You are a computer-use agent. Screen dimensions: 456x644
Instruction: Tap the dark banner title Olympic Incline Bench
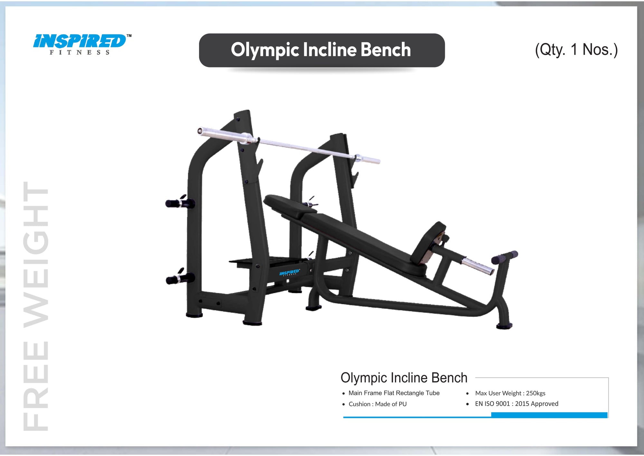coord(321,50)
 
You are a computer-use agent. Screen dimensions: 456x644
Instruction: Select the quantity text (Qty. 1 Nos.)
coord(576,50)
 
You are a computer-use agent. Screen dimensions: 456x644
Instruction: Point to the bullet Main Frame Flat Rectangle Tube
coord(393,393)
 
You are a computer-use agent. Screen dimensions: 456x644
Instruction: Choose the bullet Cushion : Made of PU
coord(377,404)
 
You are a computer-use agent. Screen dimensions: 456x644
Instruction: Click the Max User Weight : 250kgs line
coord(510,393)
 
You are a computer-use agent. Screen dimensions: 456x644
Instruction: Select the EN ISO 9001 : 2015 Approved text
coord(516,404)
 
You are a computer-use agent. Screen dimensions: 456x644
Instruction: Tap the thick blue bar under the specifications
coord(549,415)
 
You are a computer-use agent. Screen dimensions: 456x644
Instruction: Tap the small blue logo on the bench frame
coord(289,273)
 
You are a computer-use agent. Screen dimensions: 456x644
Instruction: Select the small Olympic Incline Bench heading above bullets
coord(404,378)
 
